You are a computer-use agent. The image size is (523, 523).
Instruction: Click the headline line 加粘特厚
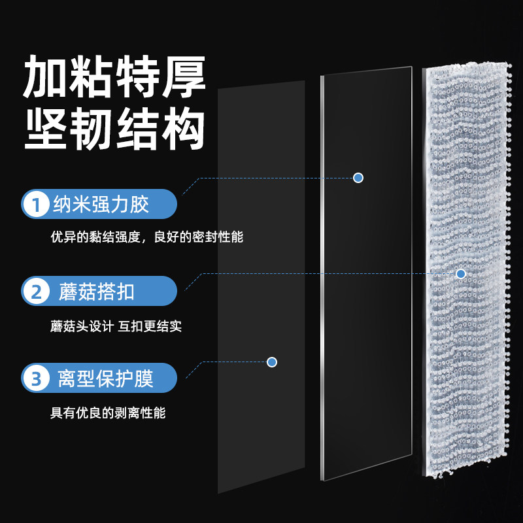114,76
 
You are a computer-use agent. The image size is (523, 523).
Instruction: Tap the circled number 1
35,205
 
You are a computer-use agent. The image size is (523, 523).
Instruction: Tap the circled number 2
35,291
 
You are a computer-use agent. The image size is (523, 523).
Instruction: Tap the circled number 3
35,377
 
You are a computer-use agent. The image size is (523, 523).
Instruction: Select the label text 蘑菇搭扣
96,291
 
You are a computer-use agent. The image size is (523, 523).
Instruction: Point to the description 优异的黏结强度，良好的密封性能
146,237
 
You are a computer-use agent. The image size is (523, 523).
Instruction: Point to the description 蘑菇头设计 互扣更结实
116,326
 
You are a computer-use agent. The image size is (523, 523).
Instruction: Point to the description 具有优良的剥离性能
109,413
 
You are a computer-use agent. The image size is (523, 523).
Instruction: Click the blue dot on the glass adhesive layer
358,178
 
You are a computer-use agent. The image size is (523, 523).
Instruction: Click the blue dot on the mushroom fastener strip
460,273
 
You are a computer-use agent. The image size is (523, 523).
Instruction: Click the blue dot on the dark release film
272,362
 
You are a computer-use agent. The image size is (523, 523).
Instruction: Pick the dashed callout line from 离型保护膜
229,362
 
